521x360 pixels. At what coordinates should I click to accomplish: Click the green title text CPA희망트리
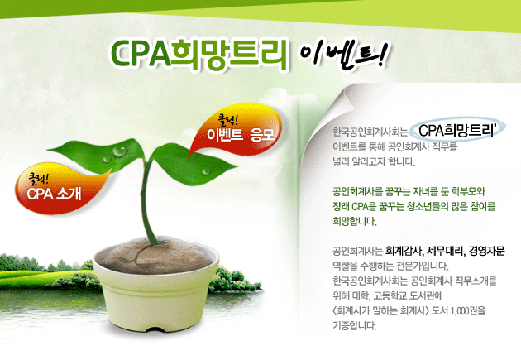tap(198, 55)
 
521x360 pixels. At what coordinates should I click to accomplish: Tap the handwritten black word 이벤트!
tap(343, 55)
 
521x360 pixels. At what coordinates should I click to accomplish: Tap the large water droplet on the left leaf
tap(119, 151)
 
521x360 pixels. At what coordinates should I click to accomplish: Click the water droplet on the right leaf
tap(207, 171)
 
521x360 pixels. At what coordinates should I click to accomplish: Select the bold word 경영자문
tap(486, 251)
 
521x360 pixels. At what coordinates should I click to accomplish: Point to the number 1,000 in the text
tap(459, 311)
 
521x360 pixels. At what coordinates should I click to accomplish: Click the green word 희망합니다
tap(355, 222)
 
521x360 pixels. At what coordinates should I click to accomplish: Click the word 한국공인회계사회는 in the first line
tap(370, 132)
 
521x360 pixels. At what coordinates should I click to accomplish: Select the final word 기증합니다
tap(355, 325)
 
